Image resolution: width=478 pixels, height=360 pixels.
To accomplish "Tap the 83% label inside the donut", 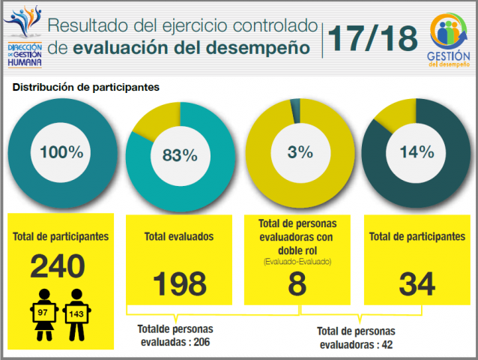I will coord(180,156).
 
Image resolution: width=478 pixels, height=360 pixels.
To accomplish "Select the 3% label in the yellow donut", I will coord(300,152).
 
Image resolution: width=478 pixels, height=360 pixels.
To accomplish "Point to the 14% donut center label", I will coord(417,152).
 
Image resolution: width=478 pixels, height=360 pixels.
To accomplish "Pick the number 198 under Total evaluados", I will coord(179,284).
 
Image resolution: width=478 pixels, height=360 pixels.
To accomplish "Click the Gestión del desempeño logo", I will coord(450,40).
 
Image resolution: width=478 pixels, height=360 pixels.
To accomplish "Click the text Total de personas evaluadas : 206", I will coord(175,335).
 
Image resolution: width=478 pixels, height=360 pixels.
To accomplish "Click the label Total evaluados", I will coord(179,236).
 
